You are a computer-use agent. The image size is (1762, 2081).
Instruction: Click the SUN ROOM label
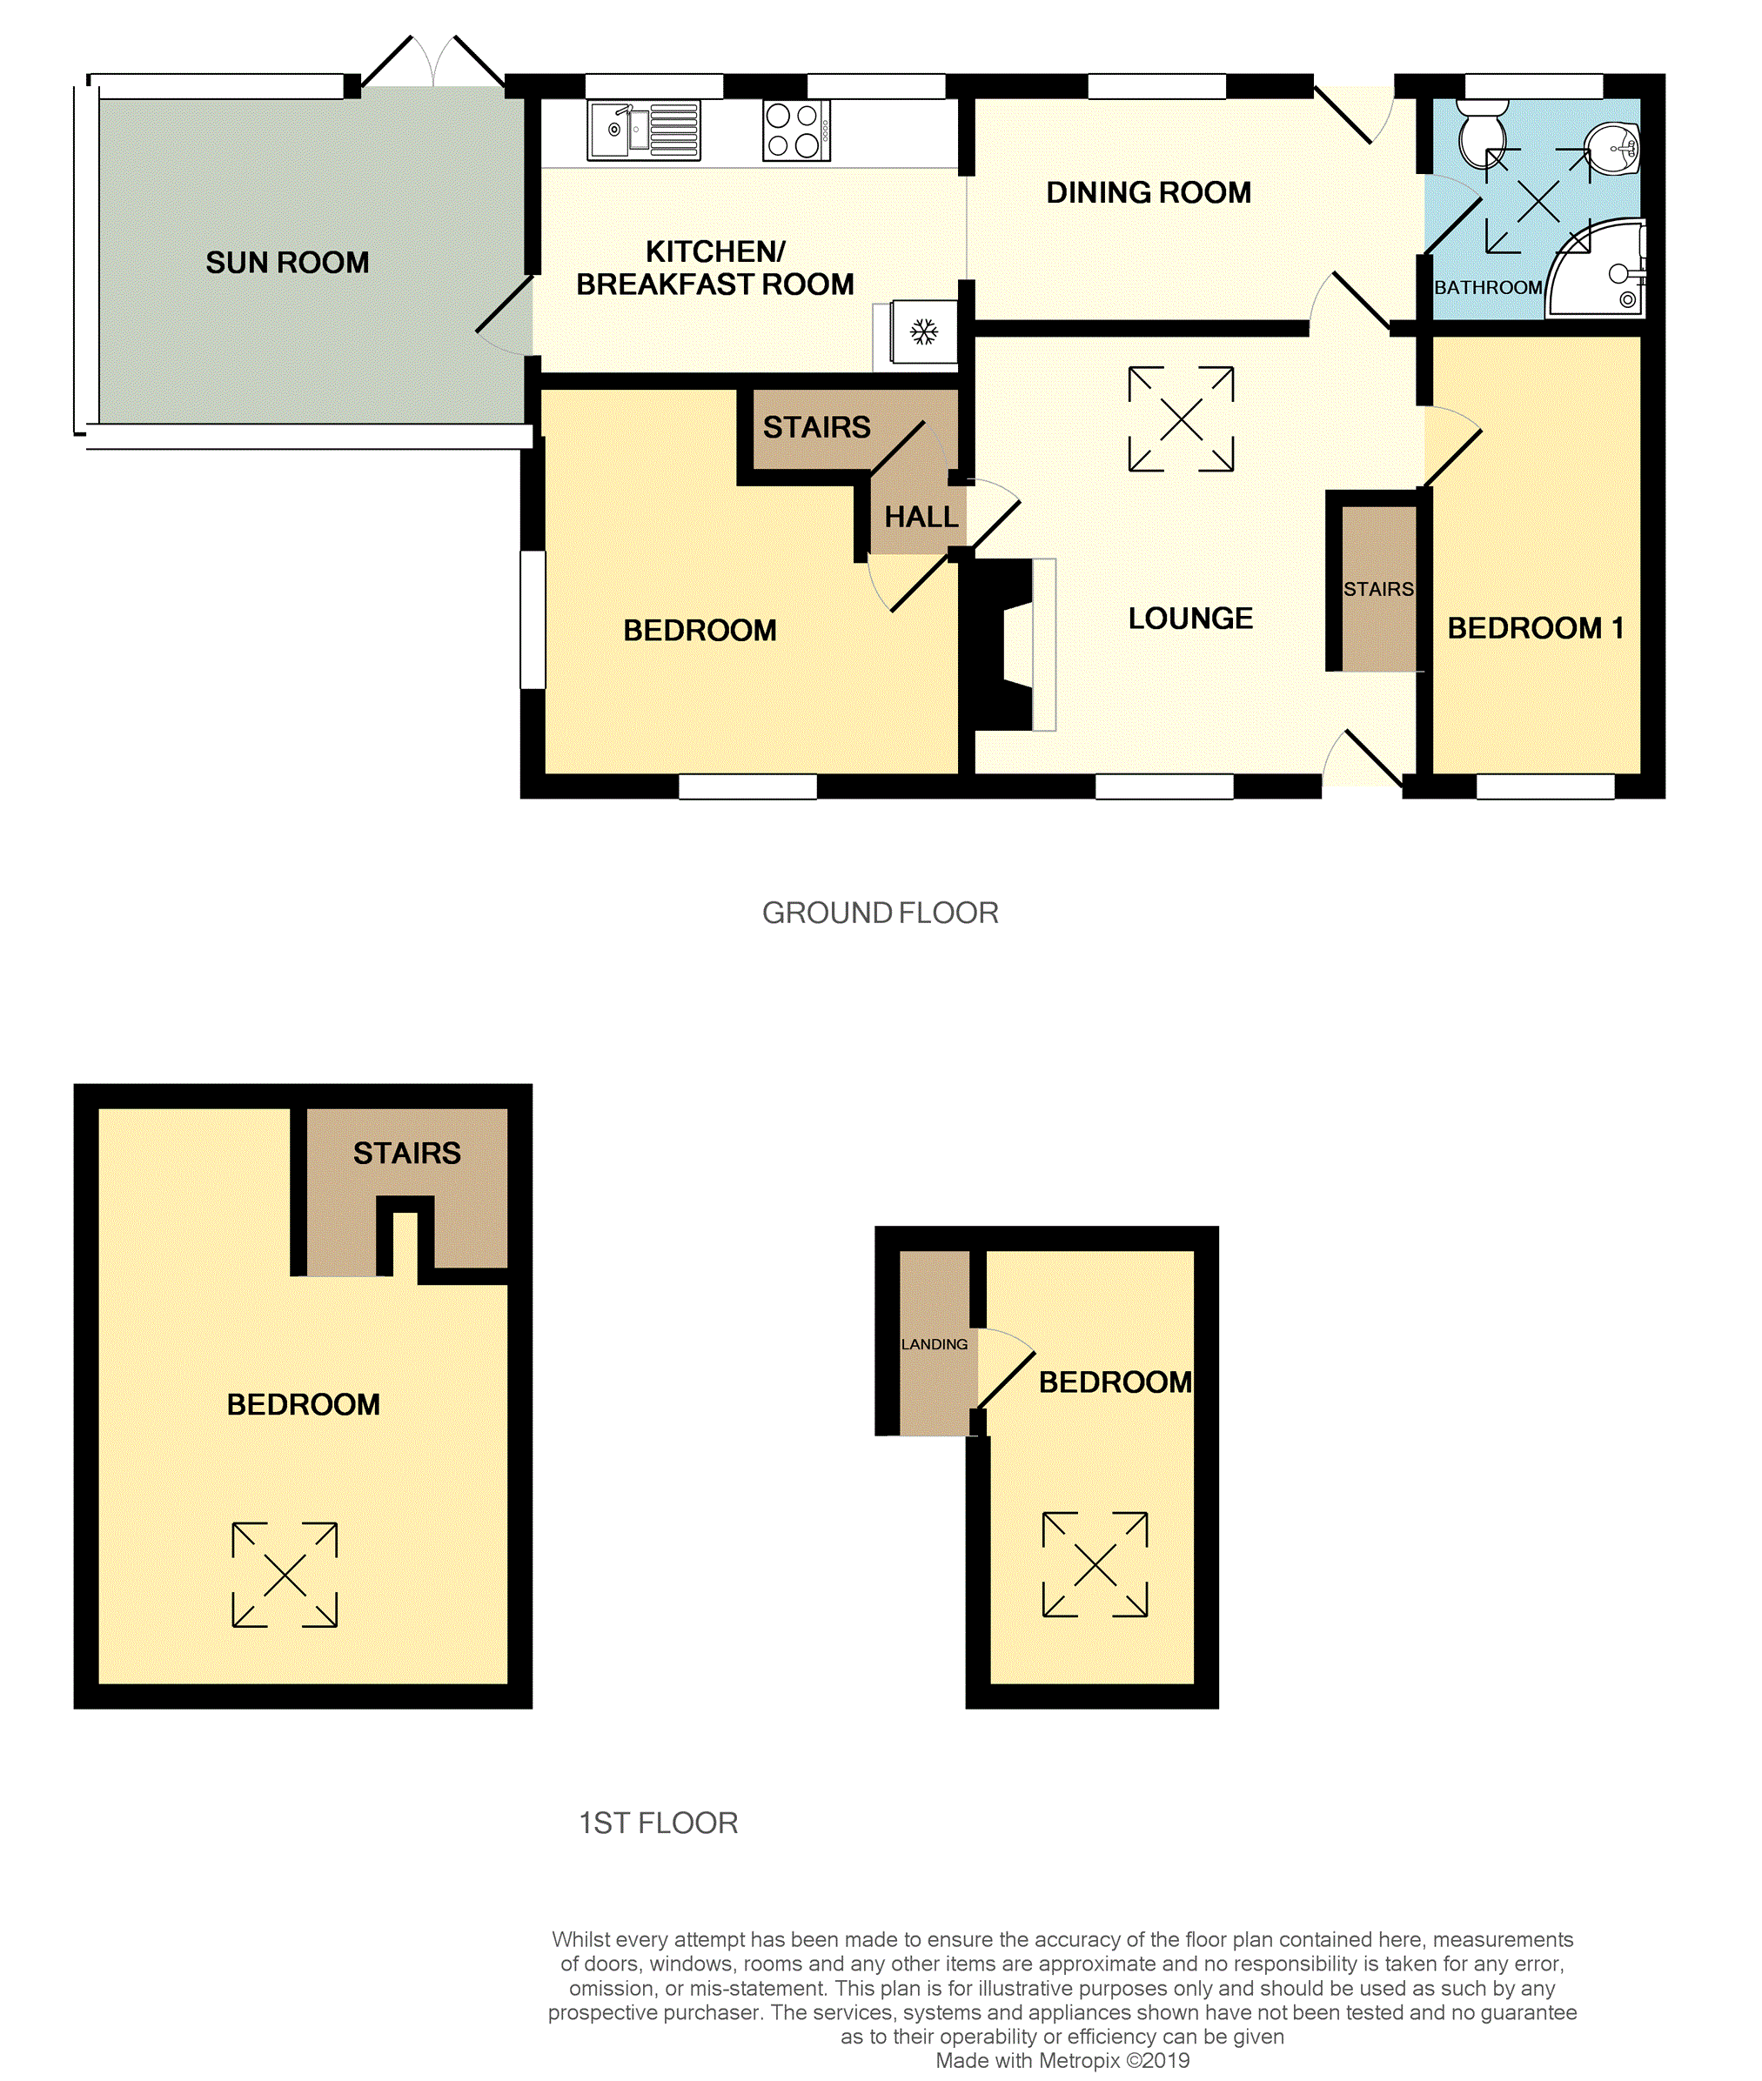[x=288, y=263]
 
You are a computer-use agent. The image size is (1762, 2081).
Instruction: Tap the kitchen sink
[x=643, y=130]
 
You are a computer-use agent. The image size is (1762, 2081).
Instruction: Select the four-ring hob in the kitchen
[x=795, y=130]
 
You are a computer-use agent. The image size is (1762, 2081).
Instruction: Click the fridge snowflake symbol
[x=924, y=332]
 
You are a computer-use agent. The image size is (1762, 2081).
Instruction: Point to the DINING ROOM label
[x=1148, y=193]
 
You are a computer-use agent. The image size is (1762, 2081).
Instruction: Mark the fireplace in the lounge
[x=1004, y=644]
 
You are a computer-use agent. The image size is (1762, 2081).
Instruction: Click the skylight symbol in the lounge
[x=1181, y=418]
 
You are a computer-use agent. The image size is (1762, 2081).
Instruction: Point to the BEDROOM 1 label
[x=1535, y=628]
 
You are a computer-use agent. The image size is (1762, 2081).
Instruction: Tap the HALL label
[x=921, y=518]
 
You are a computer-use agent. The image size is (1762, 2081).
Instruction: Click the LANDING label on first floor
[x=934, y=1344]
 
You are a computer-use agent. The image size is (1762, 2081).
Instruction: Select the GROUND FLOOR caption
[x=880, y=913]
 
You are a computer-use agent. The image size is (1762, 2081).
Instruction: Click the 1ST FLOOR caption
[x=659, y=1823]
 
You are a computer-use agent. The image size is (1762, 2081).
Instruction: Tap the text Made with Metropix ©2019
[x=1062, y=2060]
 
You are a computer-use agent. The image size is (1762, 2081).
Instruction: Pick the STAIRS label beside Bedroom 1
[x=1377, y=589]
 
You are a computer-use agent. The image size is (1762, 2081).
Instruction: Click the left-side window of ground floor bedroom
[x=533, y=619]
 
